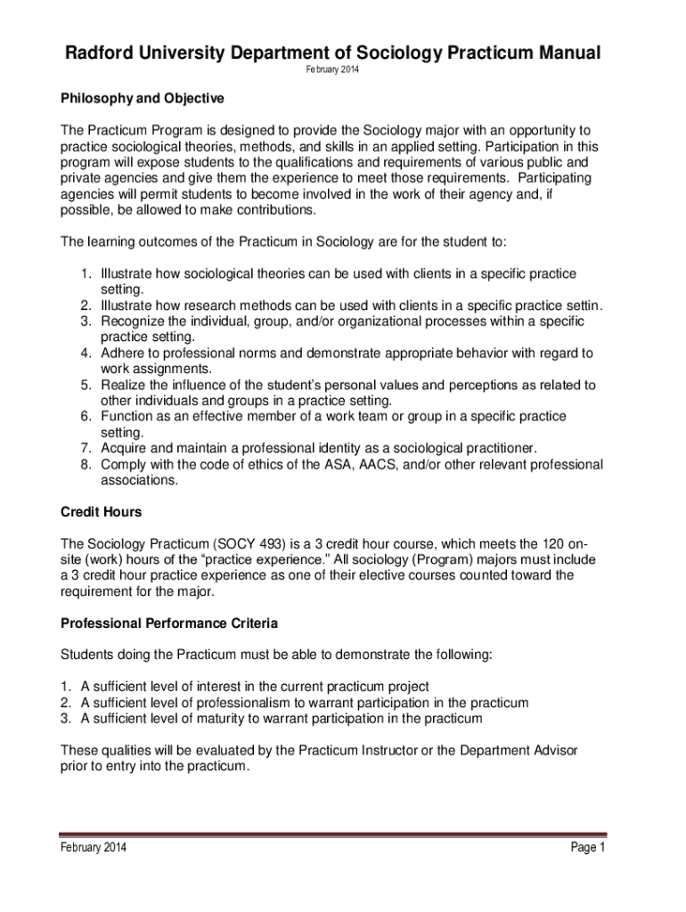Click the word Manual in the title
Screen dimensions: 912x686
(x=557, y=54)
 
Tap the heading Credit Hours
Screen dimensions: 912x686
(x=101, y=512)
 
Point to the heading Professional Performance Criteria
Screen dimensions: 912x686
(x=168, y=623)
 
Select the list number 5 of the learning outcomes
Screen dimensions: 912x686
(x=86, y=385)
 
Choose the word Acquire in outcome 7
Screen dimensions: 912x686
(x=126, y=448)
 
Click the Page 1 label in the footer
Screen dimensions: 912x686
(x=587, y=847)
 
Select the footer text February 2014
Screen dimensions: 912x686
(x=93, y=847)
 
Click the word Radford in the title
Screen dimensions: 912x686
(x=96, y=54)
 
